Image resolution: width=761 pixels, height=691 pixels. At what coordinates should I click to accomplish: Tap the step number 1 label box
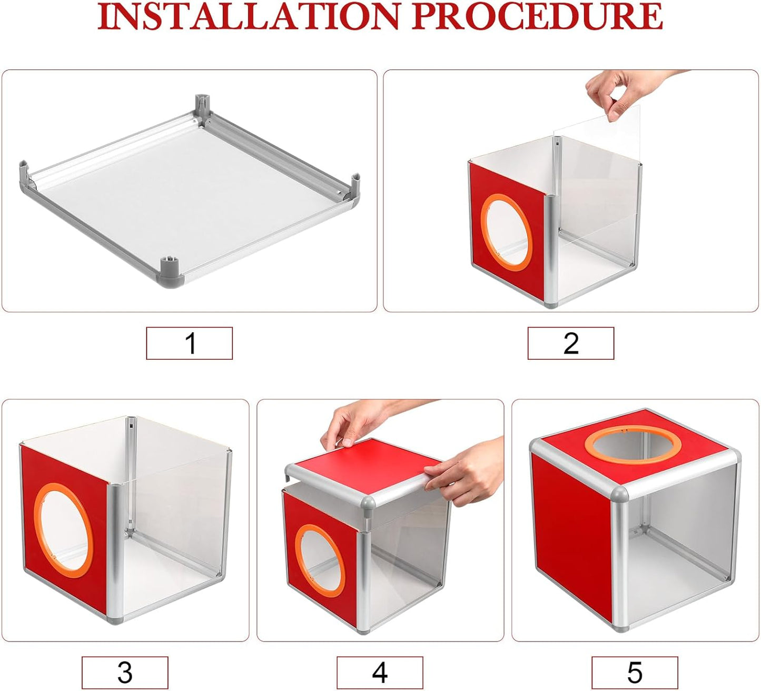tap(190, 343)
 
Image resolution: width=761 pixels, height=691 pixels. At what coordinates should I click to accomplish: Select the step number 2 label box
tap(571, 343)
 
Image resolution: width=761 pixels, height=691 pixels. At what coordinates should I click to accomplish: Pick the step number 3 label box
tap(125, 673)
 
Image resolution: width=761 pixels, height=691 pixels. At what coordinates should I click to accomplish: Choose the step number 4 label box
tap(380, 673)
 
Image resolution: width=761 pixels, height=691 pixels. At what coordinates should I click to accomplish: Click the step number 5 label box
tap(635, 673)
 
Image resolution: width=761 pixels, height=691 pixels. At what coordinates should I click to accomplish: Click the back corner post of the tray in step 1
tap(202, 105)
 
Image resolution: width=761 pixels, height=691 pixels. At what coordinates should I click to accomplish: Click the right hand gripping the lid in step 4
tap(469, 471)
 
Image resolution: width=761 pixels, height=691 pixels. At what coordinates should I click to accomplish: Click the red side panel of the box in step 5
tap(571, 532)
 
